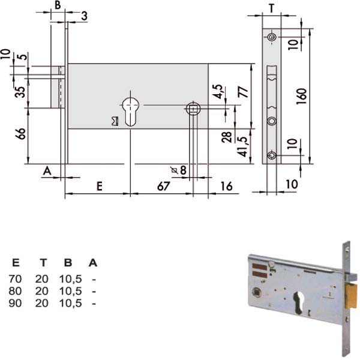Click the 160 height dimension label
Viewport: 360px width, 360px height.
click(301, 96)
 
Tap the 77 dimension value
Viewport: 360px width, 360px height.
click(244, 92)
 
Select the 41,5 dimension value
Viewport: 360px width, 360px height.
click(243, 147)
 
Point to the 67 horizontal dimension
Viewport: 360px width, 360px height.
click(163, 186)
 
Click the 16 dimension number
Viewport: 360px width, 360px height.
click(226, 186)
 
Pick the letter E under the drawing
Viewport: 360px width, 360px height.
click(100, 186)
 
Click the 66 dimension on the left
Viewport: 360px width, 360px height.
click(20, 134)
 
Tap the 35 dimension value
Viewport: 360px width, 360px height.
click(20, 92)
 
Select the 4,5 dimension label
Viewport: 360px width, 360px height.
click(217, 92)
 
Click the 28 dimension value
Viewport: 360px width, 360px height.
click(227, 137)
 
